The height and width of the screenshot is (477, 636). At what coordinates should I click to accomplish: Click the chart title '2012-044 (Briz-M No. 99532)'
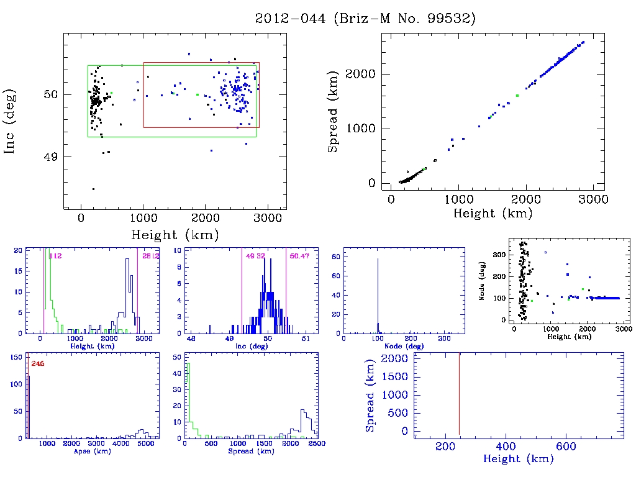(x=365, y=18)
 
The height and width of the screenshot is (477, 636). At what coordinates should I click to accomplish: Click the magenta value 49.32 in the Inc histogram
(x=255, y=255)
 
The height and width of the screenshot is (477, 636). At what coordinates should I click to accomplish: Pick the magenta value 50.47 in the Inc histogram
(x=298, y=255)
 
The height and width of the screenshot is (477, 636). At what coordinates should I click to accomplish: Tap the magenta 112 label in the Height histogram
(x=54, y=255)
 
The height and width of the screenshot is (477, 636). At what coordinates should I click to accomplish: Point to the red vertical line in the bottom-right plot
(x=459, y=391)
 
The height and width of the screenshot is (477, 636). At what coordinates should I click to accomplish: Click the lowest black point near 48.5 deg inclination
(x=93, y=189)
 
